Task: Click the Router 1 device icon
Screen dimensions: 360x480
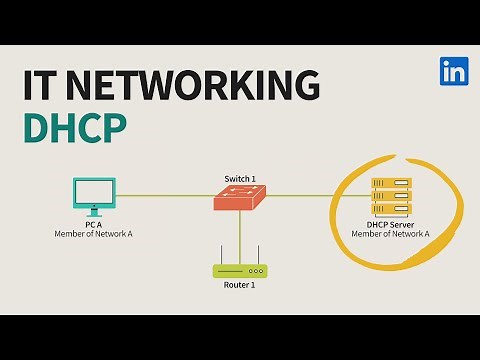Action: click(x=240, y=270)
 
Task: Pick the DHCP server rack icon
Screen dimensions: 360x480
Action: click(x=391, y=198)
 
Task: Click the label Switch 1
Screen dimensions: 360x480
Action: click(x=240, y=179)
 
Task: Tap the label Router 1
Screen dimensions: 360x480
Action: click(x=240, y=286)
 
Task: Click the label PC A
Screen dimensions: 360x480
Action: click(x=94, y=225)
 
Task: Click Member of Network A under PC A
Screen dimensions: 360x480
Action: click(x=94, y=234)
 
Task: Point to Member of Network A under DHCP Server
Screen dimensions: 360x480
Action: click(x=390, y=234)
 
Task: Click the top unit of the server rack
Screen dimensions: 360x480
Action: click(x=391, y=184)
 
